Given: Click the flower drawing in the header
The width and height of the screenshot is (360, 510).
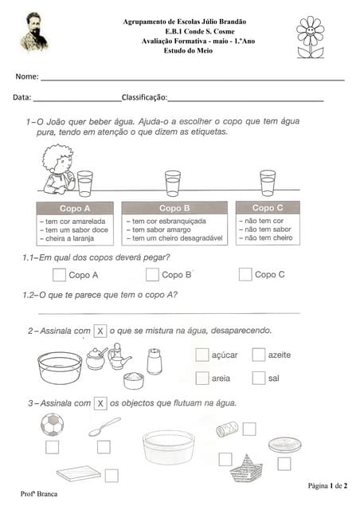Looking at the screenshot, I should coord(310,37).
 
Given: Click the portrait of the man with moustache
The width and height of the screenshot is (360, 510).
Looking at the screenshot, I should coord(34,32).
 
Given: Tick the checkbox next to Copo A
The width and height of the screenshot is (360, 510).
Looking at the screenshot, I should coord(59,275).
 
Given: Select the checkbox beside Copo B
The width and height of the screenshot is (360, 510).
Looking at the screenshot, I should coord(152,275).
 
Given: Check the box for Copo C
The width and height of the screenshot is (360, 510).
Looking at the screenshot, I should coord(245,275).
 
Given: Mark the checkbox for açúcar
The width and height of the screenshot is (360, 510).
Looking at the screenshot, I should coord(202,355).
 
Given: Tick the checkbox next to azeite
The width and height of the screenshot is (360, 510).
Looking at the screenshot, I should coord(259,355).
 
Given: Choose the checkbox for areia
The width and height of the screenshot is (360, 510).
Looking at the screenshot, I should coord(202,378).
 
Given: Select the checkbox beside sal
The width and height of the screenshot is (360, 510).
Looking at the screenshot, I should coord(259,378).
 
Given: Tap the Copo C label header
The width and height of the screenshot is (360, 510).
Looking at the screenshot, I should coord(268,208).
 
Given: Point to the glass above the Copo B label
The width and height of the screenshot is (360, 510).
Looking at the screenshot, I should coord(173,182).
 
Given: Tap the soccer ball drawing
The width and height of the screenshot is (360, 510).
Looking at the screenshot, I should coord(53,424).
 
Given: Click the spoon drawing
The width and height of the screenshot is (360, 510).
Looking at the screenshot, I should coord(104,427).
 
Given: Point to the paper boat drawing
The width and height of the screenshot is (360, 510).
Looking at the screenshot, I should coord(245,467).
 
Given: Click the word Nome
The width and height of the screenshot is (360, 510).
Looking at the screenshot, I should coord(26,76).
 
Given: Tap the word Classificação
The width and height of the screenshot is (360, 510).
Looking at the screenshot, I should coord(144,97).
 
